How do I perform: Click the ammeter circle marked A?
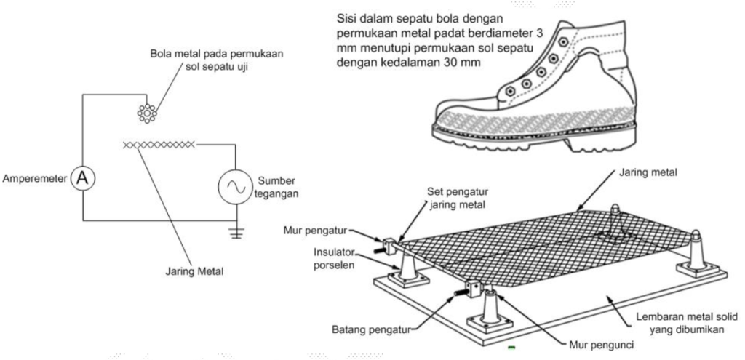click(83, 179)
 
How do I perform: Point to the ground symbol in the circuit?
click(236, 233)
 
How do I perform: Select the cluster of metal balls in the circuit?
click(147, 113)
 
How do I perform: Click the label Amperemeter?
click(35, 179)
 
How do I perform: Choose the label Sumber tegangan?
click(278, 187)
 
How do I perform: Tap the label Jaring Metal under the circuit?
click(194, 272)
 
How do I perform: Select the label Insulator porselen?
click(335, 258)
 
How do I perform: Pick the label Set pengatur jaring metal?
click(458, 198)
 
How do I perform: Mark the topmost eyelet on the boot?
click(562, 41)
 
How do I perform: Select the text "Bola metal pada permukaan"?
click(217, 54)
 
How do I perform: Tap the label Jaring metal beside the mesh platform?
click(648, 173)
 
